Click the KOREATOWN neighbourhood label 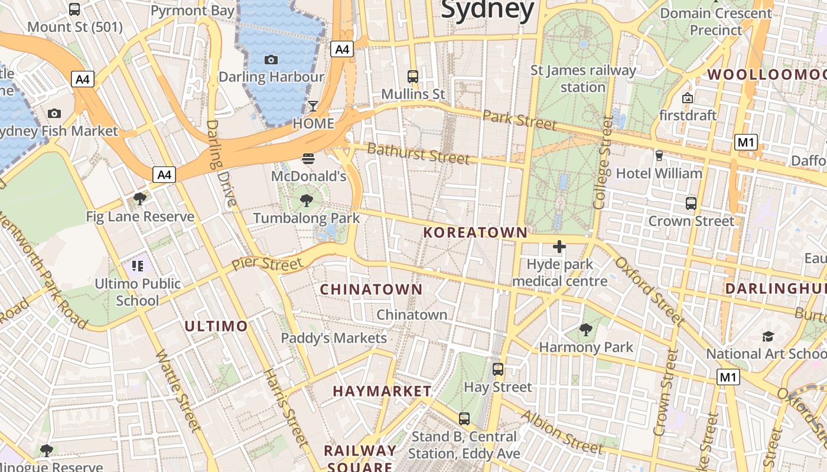click(x=476, y=232)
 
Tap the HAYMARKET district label click(x=382, y=391)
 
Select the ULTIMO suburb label click(x=216, y=326)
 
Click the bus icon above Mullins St click(x=413, y=76)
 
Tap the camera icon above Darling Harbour click(x=271, y=60)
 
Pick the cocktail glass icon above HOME click(x=313, y=106)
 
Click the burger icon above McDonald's click(x=308, y=158)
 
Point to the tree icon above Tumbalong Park click(x=306, y=201)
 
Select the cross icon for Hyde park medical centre click(x=559, y=247)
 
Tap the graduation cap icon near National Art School click(x=768, y=336)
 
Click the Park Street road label click(x=520, y=120)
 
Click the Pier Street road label click(x=267, y=263)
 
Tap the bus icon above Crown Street click(x=691, y=204)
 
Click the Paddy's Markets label click(x=334, y=338)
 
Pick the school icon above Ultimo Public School click(x=138, y=266)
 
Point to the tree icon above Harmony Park click(x=586, y=330)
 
